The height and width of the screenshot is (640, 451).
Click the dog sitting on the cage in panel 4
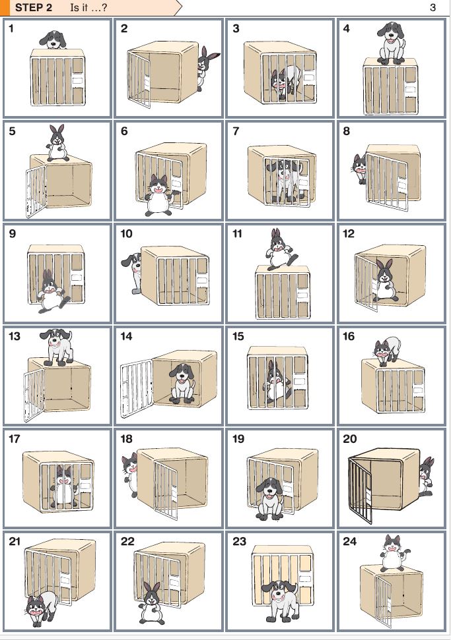click(391, 43)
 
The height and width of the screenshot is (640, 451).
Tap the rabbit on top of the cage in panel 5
click(57, 143)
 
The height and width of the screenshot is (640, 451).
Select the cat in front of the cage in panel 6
click(159, 195)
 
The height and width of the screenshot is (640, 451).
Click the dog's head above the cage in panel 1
click(53, 40)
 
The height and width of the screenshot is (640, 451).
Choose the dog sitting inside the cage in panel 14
click(182, 384)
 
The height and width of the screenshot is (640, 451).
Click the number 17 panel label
click(14, 439)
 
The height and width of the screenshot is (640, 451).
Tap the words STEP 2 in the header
click(34, 7)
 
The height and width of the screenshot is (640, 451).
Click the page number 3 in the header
click(433, 7)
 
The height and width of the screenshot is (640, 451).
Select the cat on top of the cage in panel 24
click(394, 553)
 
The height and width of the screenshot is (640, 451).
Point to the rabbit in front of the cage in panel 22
click(152, 603)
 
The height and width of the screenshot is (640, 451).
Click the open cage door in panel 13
click(34, 395)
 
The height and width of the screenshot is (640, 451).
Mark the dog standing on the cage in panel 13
click(57, 347)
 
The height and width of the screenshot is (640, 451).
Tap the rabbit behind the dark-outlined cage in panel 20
click(426, 476)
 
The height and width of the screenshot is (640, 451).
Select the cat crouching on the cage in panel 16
click(386, 350)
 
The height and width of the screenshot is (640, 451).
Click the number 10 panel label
click(126, 233)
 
